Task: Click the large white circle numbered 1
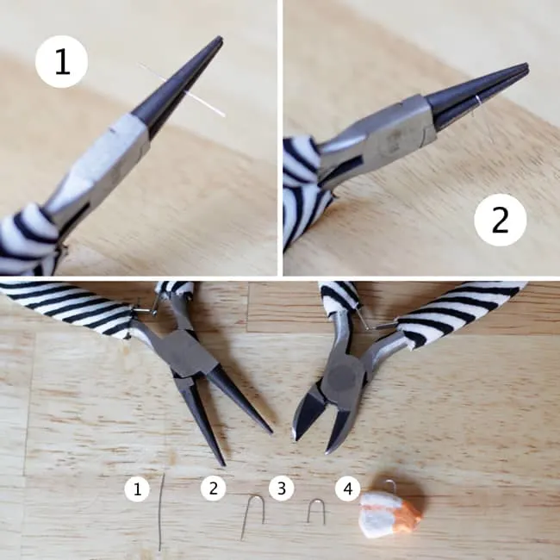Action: pyautogui.click(x=61, y=61)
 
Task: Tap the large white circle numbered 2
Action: pyautogui.click(x=500, y=220)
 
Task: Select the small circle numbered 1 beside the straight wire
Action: pyautogui.click(x=137, y=488)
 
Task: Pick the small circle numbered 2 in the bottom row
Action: pyautogui.click(x=213, y=488)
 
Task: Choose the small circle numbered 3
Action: pyautogui.click(x=282, y=488)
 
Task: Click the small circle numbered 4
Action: pyautogui.click(x=348, y=488)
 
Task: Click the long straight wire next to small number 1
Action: pyautogui.click(x=161, y=513)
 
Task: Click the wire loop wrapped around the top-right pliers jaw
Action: pyautogui.click(x=477, y=103)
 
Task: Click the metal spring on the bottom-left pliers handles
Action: pyautogui.click(x=146, y=310)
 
